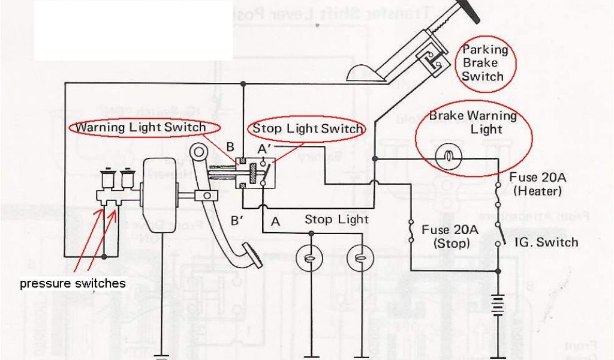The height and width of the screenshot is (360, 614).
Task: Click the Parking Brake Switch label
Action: pos(483,64)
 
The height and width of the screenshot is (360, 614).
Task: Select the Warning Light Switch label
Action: pos(141,127)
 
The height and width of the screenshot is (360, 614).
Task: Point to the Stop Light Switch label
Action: pos(308,128)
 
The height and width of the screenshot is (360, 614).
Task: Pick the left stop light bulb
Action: pos(309,258)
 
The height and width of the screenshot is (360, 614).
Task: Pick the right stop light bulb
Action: pos(360,258)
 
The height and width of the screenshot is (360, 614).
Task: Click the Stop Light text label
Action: pos(336,220)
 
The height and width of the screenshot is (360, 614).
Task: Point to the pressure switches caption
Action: pos(73,283)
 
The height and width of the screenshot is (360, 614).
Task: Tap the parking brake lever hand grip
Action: pos(465,11)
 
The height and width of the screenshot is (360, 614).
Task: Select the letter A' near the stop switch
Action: pos(266,148)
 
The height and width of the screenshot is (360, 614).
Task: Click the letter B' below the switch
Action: pos(237,220)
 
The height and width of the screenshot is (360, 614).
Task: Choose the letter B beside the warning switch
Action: pos(230,146)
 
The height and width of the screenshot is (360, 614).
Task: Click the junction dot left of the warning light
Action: pos(375,159)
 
